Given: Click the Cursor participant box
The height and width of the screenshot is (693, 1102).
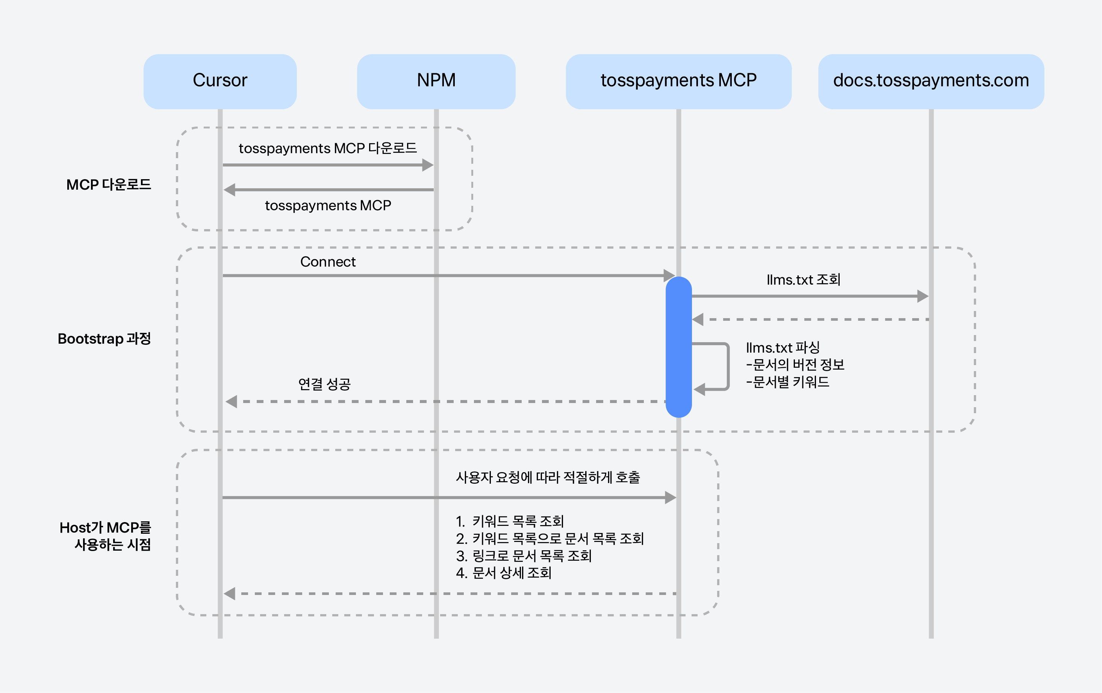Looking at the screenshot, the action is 220,82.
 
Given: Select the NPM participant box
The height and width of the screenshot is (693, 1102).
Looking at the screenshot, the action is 436,82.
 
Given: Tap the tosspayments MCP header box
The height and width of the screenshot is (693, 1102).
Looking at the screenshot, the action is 679,82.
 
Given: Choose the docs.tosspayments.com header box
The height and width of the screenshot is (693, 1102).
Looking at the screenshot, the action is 931,82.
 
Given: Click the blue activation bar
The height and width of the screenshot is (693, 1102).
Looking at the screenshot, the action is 679,347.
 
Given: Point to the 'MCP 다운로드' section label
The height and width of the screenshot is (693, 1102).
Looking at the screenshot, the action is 109,184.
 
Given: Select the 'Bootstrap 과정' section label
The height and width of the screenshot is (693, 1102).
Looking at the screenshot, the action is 104,338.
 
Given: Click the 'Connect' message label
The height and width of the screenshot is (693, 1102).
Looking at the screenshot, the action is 328,262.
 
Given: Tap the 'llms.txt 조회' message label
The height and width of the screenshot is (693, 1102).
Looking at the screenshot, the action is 804,279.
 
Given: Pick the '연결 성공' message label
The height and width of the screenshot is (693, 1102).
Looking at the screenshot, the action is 324,384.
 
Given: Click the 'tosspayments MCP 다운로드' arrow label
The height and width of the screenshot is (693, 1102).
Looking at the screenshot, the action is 328,148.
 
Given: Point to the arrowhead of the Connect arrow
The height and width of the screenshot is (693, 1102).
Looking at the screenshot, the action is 669,275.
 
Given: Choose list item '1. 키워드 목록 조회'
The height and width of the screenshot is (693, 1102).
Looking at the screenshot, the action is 510,521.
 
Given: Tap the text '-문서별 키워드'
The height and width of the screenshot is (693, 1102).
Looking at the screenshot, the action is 788,382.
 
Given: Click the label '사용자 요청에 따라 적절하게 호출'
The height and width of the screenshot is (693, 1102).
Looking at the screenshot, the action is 548,477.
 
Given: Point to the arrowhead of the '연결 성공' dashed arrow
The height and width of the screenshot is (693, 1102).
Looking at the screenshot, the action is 231,402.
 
